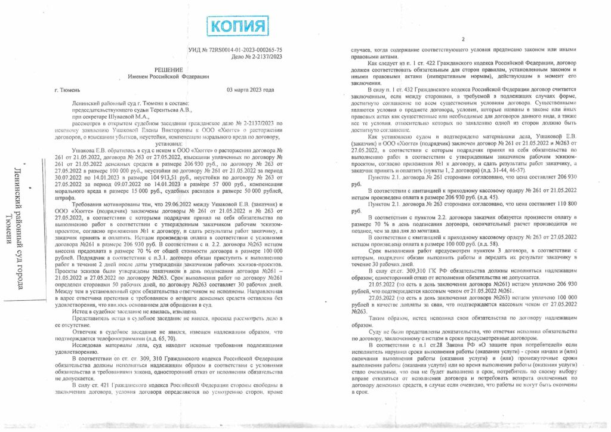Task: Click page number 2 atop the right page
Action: point(463,39)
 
